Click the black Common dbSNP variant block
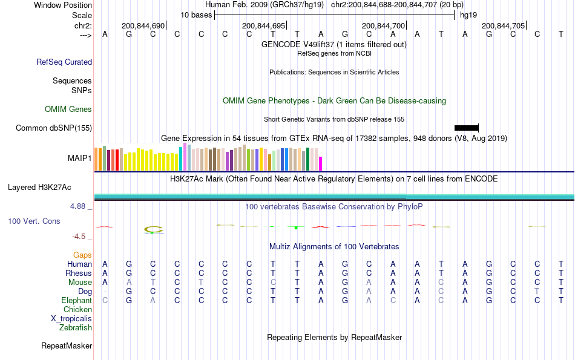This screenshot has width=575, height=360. click(466, 128)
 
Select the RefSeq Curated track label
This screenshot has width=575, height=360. click(64, 62)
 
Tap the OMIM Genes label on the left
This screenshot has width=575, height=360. click(68, 110)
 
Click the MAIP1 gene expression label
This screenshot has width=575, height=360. click(80, 159)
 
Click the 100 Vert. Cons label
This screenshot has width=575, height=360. click(34, 221)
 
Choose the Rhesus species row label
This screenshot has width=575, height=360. click(79, 273)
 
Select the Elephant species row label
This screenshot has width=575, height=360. click(76, 300)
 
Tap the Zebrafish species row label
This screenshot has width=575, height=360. click(76, 327)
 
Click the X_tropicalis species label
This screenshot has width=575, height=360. click(71, 318)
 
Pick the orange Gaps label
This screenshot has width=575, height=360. click(82, 255)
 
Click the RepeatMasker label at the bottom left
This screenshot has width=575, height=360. click(67, 346)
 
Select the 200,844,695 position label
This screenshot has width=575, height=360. click(263, 26)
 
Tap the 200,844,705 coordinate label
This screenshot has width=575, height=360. click(503, 26)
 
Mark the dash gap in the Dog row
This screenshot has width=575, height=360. click(105, 291)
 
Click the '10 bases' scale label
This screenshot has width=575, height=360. click(196, 15)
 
